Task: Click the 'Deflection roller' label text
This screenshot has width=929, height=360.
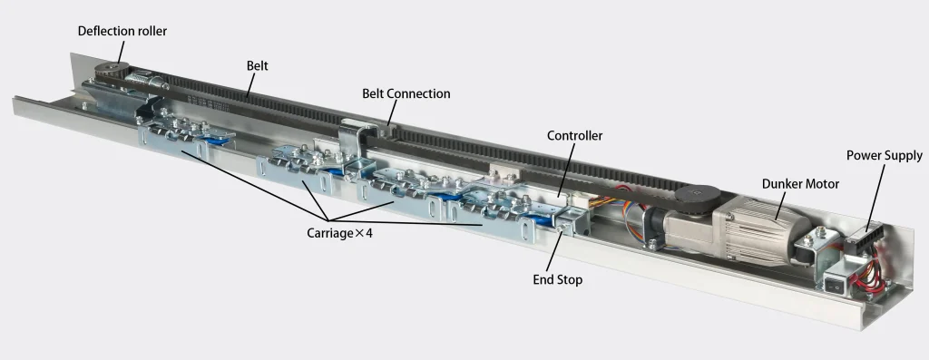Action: [122, 31]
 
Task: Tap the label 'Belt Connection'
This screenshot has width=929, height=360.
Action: [406, 93]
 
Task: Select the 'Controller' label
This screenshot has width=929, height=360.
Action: [574, 136]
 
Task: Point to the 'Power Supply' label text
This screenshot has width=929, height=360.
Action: [884, 156]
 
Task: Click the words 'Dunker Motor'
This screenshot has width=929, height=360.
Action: [800, 184]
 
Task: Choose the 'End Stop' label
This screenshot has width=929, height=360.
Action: [558, 279]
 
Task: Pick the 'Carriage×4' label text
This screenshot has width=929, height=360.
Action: [339, 233]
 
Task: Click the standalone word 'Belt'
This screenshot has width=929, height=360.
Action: [257, 65]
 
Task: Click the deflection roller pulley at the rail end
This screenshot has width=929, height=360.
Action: [112, 69]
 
